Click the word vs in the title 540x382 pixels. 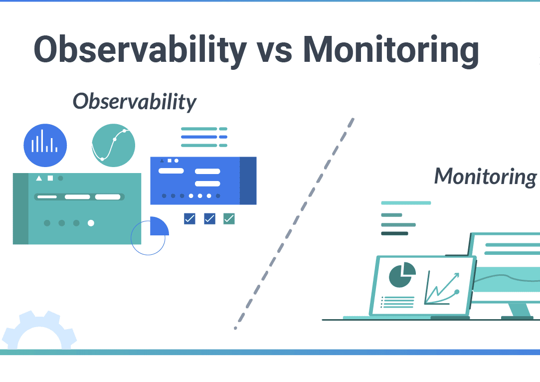point(274,53)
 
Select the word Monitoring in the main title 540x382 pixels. point(391,51)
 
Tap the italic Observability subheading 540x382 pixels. point(134,102)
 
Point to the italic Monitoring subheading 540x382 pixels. point(485,177)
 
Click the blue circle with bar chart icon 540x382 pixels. point(45,145)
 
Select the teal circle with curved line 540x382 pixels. point(113,145)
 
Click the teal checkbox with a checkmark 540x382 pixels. point(229,219)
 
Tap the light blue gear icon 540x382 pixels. point(39,330)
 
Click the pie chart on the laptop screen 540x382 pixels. point(401,274)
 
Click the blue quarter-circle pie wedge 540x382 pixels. point(158,227)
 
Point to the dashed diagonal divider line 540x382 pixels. point(294,223)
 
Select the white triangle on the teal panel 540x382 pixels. point(39,178)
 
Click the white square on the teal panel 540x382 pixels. point(50,178)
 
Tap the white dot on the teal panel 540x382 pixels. point(91,223)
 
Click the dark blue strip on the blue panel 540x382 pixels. point(248,181)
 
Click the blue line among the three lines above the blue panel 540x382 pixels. point(204,137)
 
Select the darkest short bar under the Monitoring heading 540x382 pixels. point(394,233)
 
